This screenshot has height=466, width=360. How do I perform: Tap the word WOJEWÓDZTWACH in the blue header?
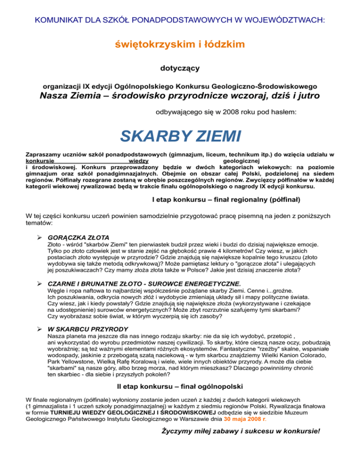point(286,21)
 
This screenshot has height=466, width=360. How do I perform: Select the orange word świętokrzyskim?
point(151,45)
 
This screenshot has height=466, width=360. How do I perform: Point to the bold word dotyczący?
point(180,68)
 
